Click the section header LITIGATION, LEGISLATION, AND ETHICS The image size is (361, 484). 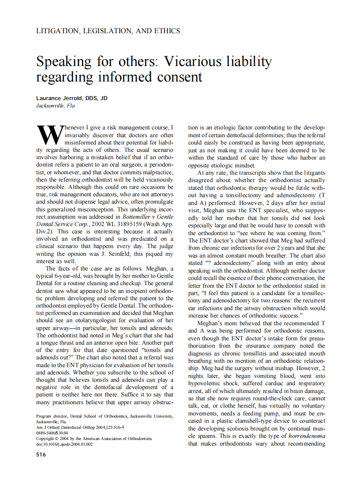click(108, 31)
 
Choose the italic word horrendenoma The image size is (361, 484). click(307, 436)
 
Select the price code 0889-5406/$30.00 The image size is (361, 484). click(52, 433)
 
